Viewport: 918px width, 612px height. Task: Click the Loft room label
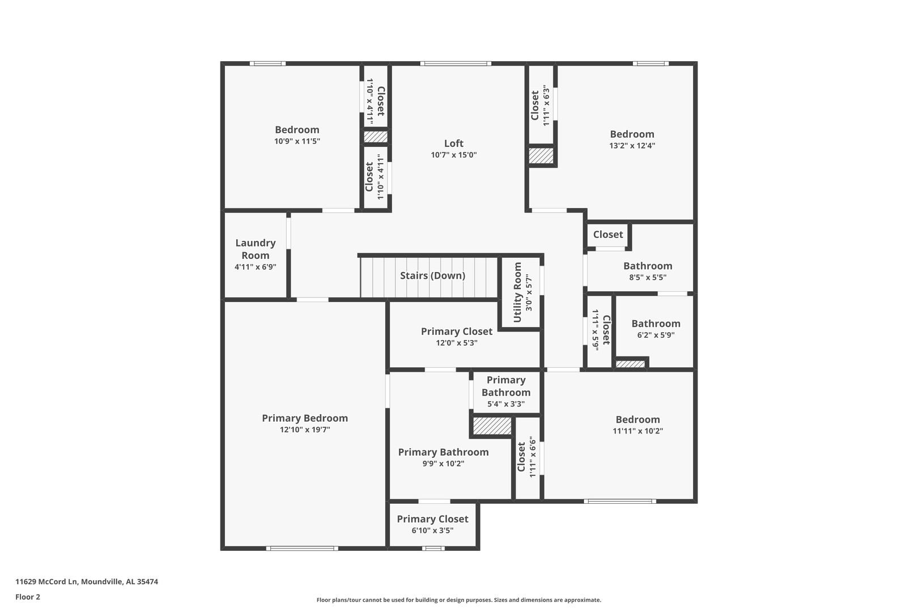[x=454, y=143]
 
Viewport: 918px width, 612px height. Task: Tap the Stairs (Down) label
[x=432, y=275]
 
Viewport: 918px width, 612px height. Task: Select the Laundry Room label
[x=256, y=249]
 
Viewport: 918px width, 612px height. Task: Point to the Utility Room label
[x=517, y=292]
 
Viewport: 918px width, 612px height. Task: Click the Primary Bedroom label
[x=305, y=418]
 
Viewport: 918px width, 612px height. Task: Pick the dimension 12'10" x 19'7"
[x=305, y=430]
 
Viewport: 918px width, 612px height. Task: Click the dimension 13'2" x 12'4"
[x=632, y=146]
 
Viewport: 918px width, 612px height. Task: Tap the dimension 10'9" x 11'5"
[x=297, y=142]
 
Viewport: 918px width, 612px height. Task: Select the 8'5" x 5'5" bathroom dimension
[x=648, y=277]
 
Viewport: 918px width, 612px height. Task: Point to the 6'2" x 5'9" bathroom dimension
[x=656, y=335]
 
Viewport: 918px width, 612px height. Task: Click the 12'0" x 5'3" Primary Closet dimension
[x=457, y=343]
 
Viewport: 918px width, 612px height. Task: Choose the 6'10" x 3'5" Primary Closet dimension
[x=432, y=530]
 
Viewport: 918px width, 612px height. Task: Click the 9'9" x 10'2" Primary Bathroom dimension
[x=444, y=464]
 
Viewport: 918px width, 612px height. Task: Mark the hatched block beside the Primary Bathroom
[x=492, y=426]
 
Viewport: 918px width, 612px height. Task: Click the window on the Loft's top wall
[x=456, y=63]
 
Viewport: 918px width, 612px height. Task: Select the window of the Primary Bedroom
[x=302, y=549]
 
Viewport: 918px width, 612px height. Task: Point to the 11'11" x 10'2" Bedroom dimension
[x=637, y=431]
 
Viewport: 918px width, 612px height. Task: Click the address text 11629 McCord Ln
[x=46, y=581]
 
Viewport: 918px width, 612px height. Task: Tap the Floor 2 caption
[x=28, y=597]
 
